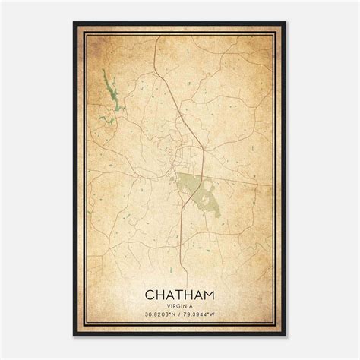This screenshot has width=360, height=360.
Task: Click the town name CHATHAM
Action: click(180, 293)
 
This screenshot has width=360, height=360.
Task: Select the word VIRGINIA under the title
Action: click(180, 305)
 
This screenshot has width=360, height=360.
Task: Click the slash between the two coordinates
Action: click(180, 315)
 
